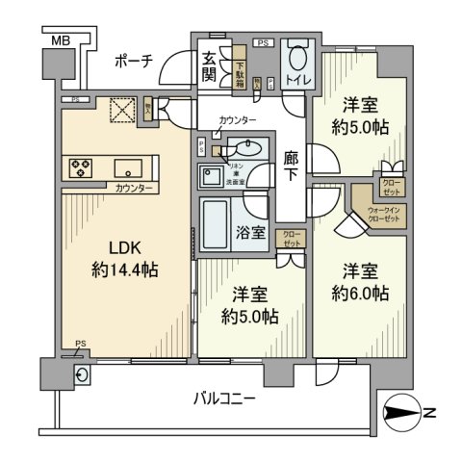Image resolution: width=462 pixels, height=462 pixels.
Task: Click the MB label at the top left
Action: point(60,39)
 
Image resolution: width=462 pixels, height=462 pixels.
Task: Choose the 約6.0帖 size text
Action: point(362,292)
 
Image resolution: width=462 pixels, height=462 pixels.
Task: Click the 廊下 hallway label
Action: point(294,170)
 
